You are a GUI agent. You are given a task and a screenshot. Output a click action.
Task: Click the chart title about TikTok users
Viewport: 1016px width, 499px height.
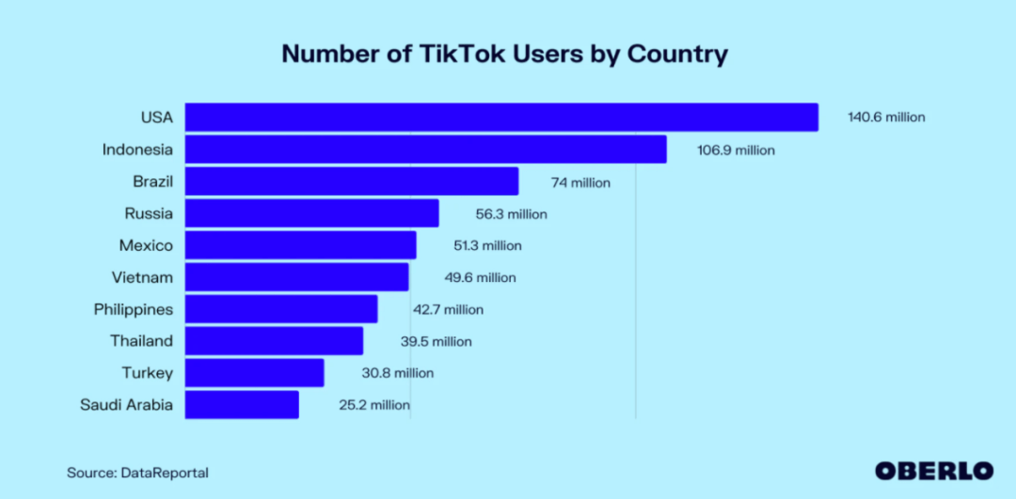point(504,54)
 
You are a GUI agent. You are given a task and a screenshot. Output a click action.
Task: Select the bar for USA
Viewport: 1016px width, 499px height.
point(501,117)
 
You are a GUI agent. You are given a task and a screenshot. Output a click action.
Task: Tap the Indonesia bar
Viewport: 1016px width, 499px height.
point(425,149)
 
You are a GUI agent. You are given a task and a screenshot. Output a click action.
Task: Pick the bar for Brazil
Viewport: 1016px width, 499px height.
point(352,181)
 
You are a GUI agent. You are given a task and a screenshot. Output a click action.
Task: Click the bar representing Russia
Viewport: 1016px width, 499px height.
point(311,213)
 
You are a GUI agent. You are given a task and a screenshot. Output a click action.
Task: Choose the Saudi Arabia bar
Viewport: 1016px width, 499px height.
point(242,405)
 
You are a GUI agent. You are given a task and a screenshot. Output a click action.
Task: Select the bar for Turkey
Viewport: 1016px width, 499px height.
point(254,373)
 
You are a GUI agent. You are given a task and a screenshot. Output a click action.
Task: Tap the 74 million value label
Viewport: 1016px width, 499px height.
point(580,182)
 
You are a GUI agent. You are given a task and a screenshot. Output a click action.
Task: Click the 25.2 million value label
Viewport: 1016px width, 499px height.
point(373,405)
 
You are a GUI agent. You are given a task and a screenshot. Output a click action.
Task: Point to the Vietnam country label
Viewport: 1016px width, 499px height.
point(141,277)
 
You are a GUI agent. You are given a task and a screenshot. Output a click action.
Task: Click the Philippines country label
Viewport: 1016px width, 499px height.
point(133,309)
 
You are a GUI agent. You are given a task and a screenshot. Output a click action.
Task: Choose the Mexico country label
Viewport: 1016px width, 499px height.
point(146,245)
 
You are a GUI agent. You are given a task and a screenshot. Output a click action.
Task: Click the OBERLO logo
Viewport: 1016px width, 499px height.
point(933,471)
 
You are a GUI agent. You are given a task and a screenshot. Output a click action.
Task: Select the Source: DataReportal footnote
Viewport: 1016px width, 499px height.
point(137,473)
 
